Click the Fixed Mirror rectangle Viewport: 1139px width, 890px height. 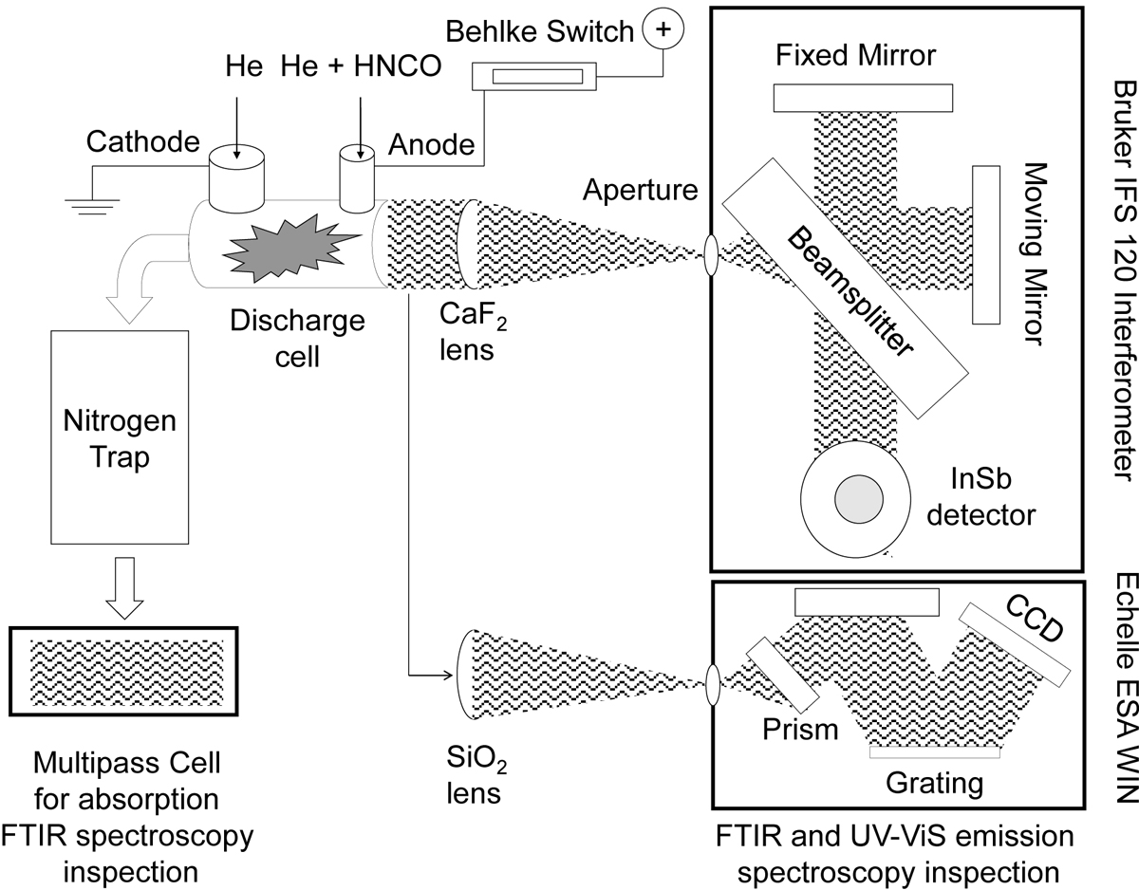tap(862, 97)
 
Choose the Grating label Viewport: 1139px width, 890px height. tap(934, 785)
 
